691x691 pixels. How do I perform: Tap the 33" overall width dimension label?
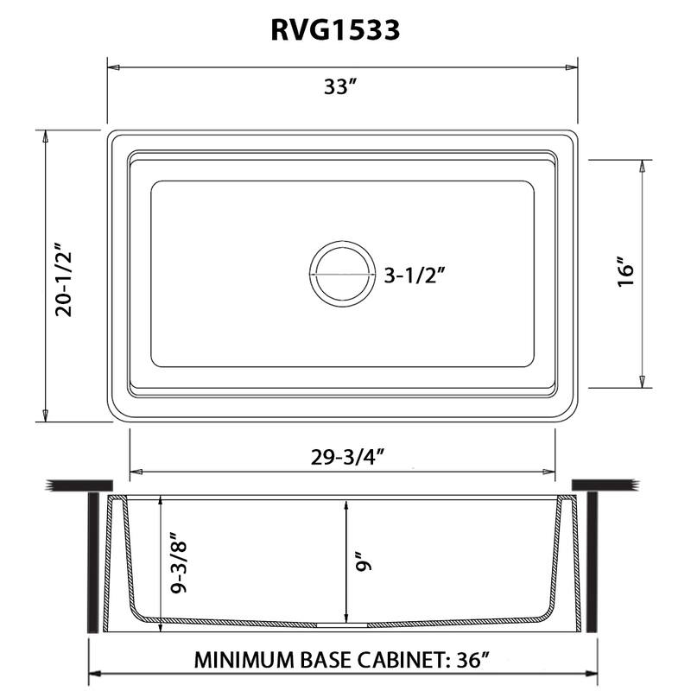pyautogui.click(x=341, y=87)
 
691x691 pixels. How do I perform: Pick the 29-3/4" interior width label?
pyautogui.click(x=342, y=456)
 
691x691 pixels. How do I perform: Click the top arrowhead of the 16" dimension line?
pyautogui.click(x=641, y=164)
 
